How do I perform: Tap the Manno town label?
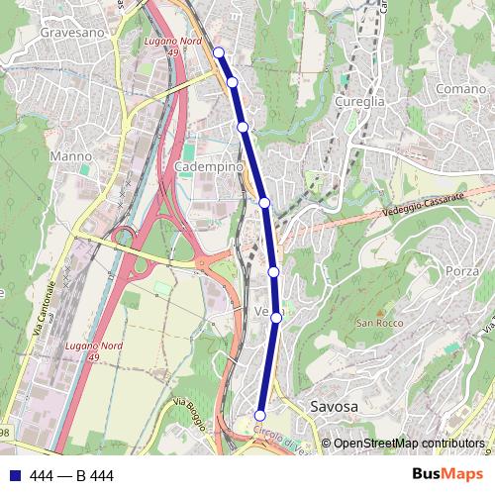(x=69, y=156)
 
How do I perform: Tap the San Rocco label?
(x=377, y=324)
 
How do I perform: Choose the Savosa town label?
(x=334, y=406)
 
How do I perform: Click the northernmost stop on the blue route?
(x=219, y=52)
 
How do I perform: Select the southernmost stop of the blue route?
(x=260, y=416)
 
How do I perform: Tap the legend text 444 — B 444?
(x=72, y=476)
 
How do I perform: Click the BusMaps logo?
(x=445, y=475)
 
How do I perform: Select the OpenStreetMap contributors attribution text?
(x=409, y=444)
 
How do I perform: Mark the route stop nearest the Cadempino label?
(x=243, y=127)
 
